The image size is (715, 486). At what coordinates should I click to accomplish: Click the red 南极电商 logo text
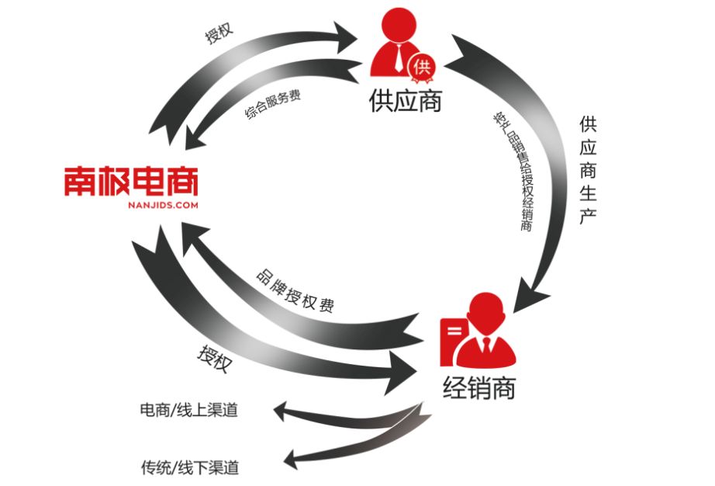pos(130,180)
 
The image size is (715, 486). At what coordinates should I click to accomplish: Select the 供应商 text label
pos(405,102)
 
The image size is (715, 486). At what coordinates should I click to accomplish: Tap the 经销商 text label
pos(478,386)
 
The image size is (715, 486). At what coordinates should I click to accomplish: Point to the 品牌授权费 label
pos(295,292)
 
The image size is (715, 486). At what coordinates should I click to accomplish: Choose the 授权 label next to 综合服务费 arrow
pos(219,36)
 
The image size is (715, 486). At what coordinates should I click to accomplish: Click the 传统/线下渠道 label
pos(189,468)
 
